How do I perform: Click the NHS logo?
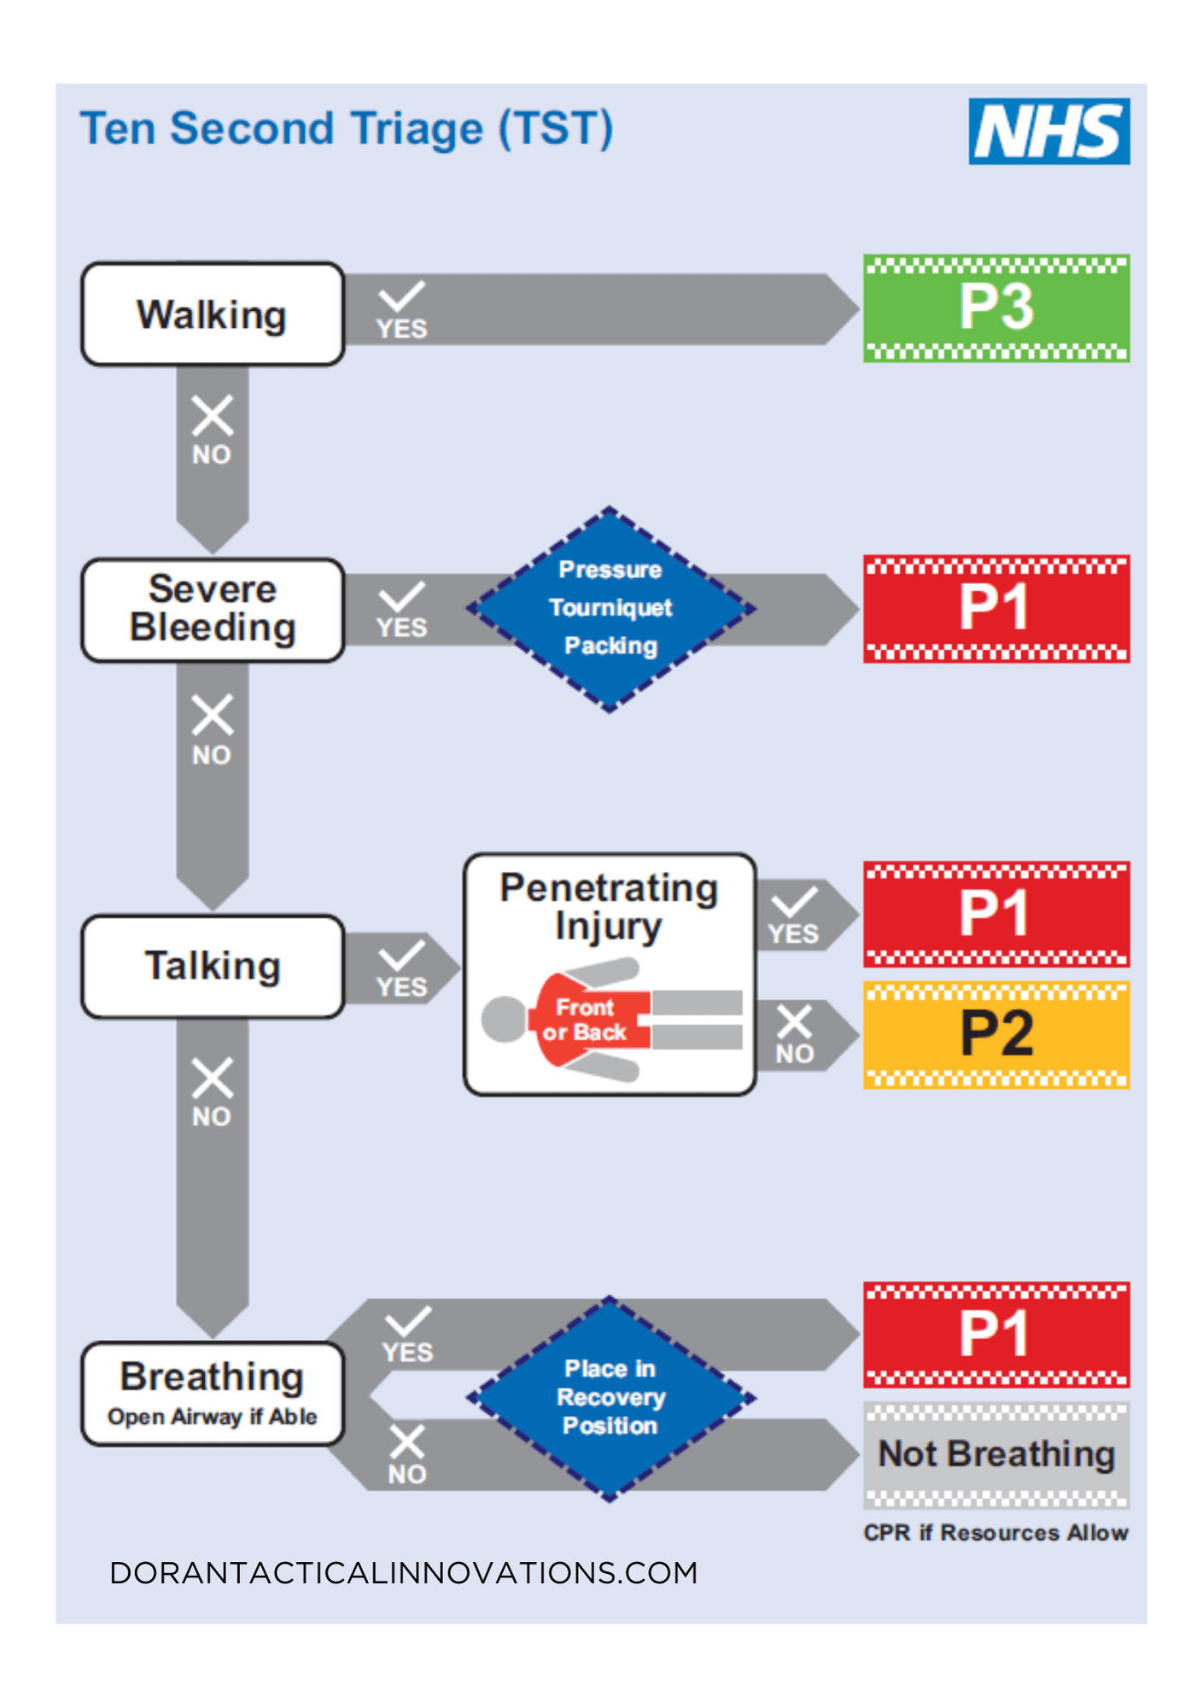[1048, 131]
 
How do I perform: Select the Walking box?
[213, 314]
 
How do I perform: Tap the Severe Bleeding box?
[213, 610]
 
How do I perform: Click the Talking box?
[213, 967]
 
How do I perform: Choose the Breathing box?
[213, 1393]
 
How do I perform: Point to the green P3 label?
[996, 307]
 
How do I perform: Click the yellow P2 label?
[996, 1034]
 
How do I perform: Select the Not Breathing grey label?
[996, 1454]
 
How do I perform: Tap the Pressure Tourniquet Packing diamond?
[610, 609]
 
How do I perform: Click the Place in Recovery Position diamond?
[610, 1398]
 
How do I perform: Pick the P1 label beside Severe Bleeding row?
[996, 608]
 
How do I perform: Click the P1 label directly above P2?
[996, 914]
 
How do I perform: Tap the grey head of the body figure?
[504, 1019]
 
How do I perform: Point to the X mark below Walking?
[213, 417]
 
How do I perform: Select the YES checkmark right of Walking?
[401, 298]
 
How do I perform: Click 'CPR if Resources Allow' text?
[996, 1533]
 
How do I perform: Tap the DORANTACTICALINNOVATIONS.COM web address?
[404, 1573]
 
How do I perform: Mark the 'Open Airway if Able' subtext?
[213, 1417]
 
